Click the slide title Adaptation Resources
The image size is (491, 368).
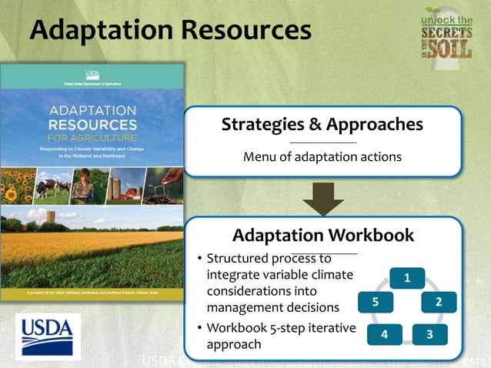coord(170,30)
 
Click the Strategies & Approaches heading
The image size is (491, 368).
coord(322,124)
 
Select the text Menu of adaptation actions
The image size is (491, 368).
coord(322,157)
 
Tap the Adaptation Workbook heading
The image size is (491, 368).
coord(323,235)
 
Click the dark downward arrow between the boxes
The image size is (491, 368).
coord(323,199)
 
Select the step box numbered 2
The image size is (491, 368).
coord(438,302)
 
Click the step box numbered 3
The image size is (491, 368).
coord(429,334)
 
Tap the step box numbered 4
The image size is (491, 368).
coord(386,334)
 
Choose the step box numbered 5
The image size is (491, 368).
coord(375,302)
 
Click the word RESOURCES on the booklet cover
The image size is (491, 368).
coord(92,124)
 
